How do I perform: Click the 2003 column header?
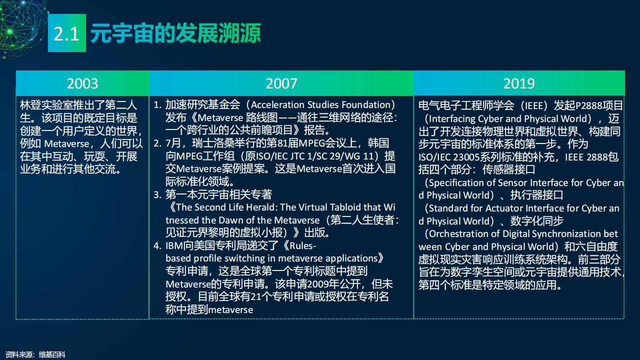[x=82, y=83]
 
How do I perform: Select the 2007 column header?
[x=281, y=83]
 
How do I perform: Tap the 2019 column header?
[x=519, y=83]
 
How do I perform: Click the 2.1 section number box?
[x=67, y=33]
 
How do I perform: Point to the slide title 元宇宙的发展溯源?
[x=175, y=33]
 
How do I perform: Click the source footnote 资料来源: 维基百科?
[x=35, y=355]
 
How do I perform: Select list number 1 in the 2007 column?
[x=157, y=105]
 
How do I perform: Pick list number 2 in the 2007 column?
[x=157, y=143]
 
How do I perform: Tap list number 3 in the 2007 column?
[x=157, y=194]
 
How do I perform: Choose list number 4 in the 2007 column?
[x=157, y=245]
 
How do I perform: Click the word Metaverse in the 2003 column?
[x=66, y=143]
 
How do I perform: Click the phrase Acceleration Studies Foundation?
[x=320, y=105]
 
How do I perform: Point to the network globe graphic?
[x=21, y=27]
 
